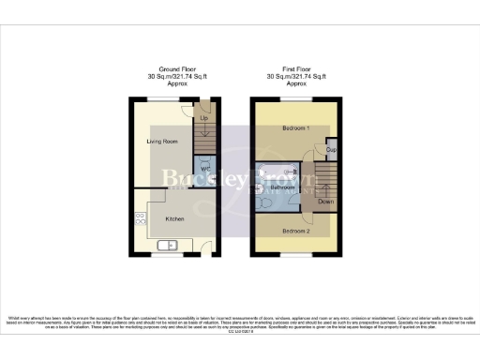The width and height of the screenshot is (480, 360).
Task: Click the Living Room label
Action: pos(162,141)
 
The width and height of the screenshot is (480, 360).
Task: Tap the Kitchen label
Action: pos(174,218)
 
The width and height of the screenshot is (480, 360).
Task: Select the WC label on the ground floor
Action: pos(205,170)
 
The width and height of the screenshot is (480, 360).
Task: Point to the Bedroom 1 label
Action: pos(295,127)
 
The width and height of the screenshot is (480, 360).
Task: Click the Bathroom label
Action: pos(283,187)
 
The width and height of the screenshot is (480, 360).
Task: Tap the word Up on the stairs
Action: pos(204,118)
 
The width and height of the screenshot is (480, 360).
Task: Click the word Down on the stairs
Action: pos(324,201)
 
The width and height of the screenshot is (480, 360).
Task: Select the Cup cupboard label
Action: pos(330,149)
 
